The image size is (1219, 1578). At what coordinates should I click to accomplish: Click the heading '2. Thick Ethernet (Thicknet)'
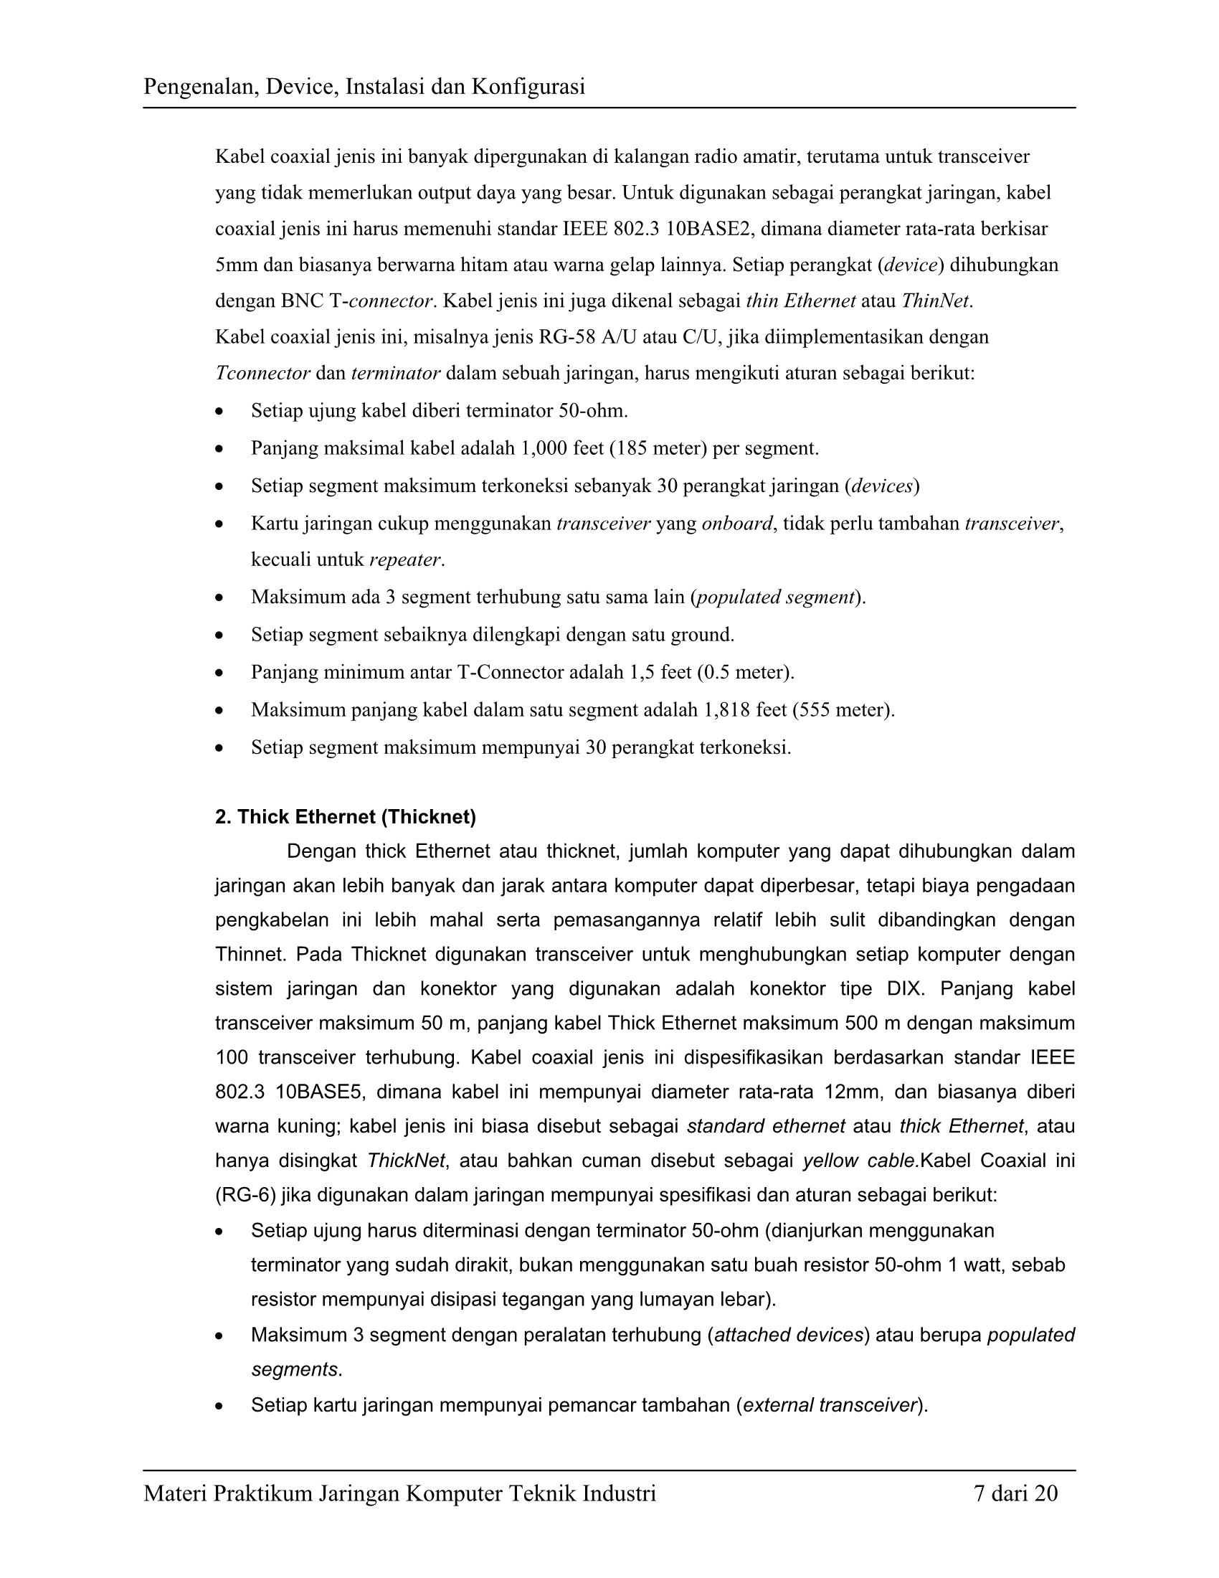coord(345,817)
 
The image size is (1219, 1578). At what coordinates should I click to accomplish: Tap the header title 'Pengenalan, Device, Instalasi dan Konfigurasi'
coord(364,87)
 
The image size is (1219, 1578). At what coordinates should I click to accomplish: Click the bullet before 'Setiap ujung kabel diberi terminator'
coord(219,412)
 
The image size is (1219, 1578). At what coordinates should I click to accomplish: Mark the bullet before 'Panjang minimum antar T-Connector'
coord(219,674)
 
